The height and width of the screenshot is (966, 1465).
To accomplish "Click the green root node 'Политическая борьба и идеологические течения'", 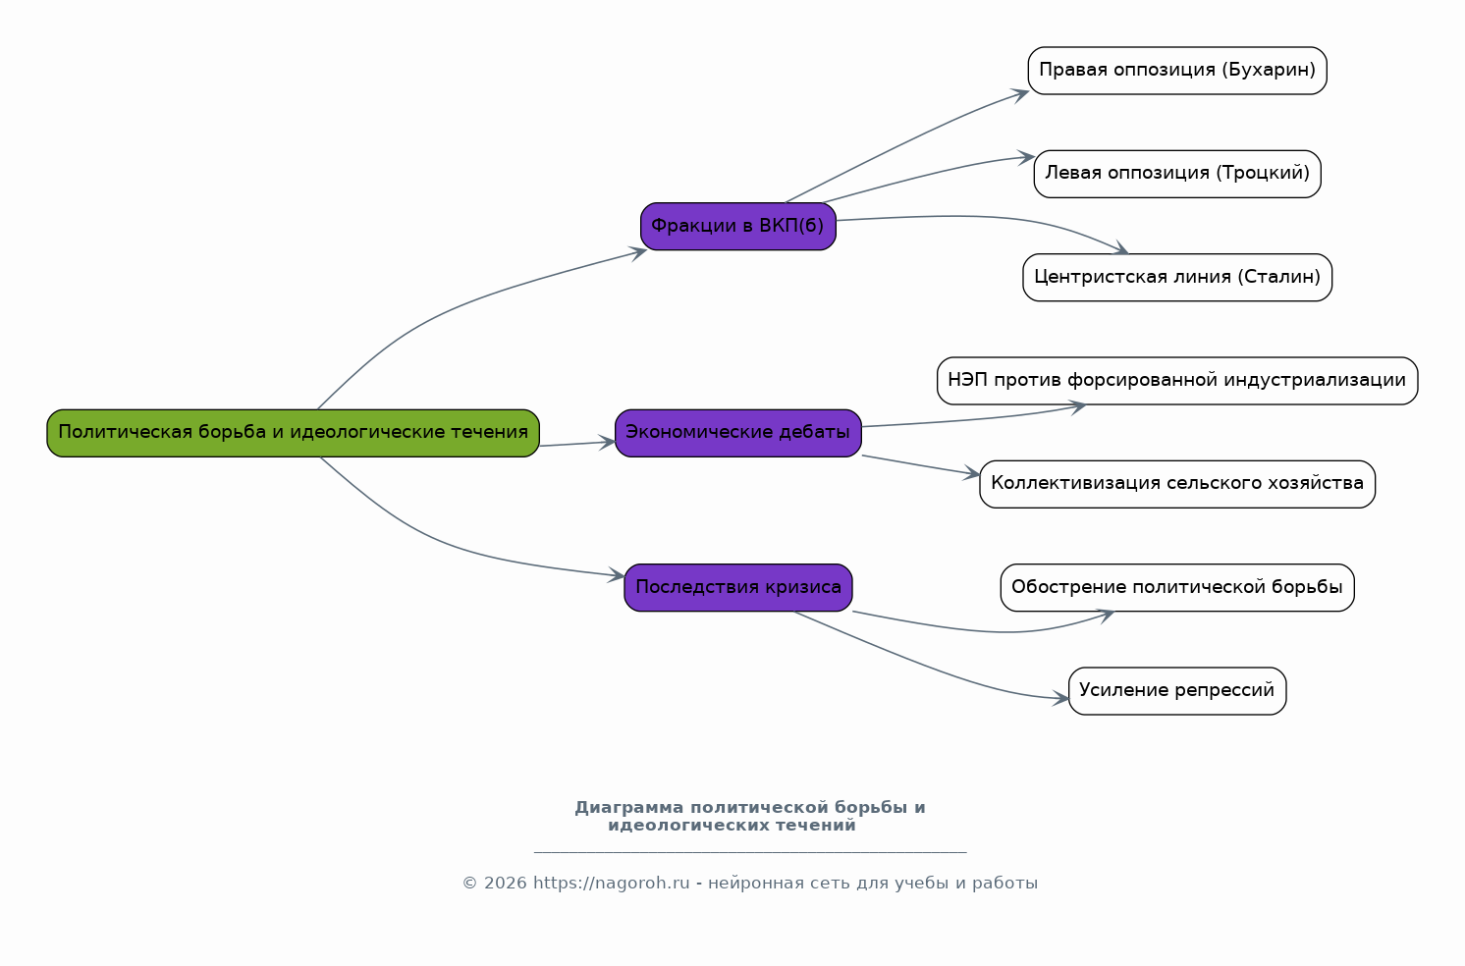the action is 293,433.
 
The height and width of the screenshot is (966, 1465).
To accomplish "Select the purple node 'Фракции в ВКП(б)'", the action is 737,227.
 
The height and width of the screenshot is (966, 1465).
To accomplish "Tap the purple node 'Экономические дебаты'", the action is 737,433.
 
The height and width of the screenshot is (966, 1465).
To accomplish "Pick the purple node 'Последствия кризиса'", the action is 737,587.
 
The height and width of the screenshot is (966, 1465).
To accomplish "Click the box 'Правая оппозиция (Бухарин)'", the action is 1177,71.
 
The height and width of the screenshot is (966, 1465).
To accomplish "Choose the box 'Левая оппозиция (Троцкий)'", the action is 1177,174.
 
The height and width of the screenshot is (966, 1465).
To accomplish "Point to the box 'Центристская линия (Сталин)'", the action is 1177,277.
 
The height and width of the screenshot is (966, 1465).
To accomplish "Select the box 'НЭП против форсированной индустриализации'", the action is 1177,381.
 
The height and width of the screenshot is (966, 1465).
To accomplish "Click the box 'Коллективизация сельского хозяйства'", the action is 1177,484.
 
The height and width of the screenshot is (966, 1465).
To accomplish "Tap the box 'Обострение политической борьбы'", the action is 1177,587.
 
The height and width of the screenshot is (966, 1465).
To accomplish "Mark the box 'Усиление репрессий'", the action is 1177,691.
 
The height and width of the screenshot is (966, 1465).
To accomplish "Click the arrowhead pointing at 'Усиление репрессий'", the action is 1060,699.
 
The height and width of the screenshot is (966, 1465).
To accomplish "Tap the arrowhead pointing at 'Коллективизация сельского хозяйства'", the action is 972,473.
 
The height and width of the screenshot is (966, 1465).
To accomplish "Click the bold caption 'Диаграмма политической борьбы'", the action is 741,807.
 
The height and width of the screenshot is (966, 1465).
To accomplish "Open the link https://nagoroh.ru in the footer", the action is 612,883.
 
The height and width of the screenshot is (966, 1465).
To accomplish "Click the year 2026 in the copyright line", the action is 505,883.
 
